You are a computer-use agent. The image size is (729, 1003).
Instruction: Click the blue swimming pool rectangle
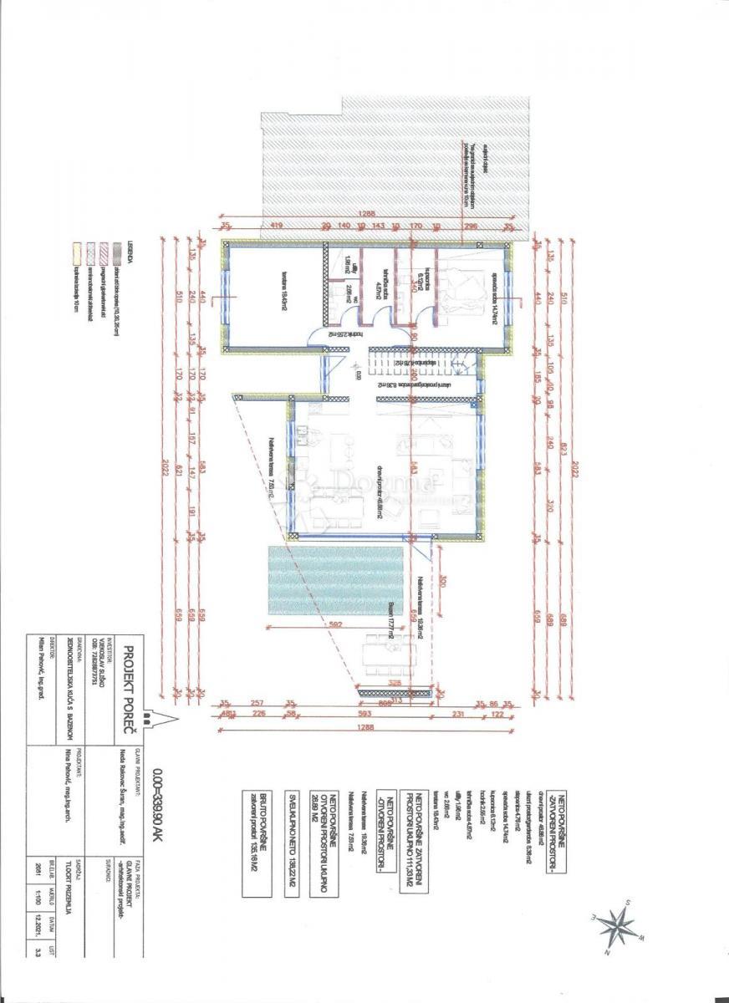(x=335, y=583)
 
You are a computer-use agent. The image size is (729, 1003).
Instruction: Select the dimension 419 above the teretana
(x=275, y=225)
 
